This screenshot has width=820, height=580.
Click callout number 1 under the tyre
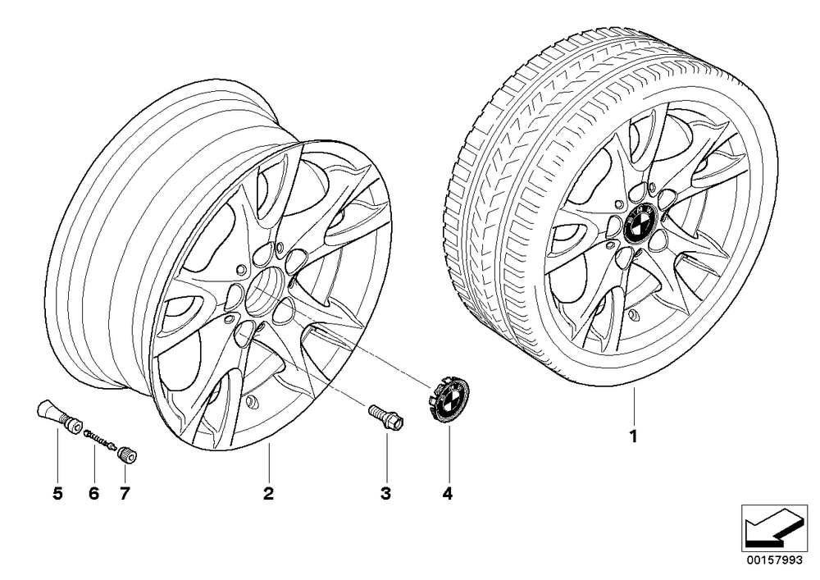633,436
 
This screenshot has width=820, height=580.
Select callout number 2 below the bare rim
268,493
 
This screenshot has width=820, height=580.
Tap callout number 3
386,493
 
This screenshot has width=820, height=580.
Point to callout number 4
447,493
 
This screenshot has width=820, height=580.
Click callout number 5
57,493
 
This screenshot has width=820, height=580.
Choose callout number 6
93,493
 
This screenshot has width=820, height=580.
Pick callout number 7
124,493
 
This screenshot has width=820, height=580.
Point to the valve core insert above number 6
99,438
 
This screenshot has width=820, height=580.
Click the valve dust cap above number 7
128,454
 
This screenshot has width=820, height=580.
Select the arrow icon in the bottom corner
775,527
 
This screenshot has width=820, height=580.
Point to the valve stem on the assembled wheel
635,314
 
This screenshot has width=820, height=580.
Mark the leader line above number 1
634,406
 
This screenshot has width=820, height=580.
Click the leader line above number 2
268,463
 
